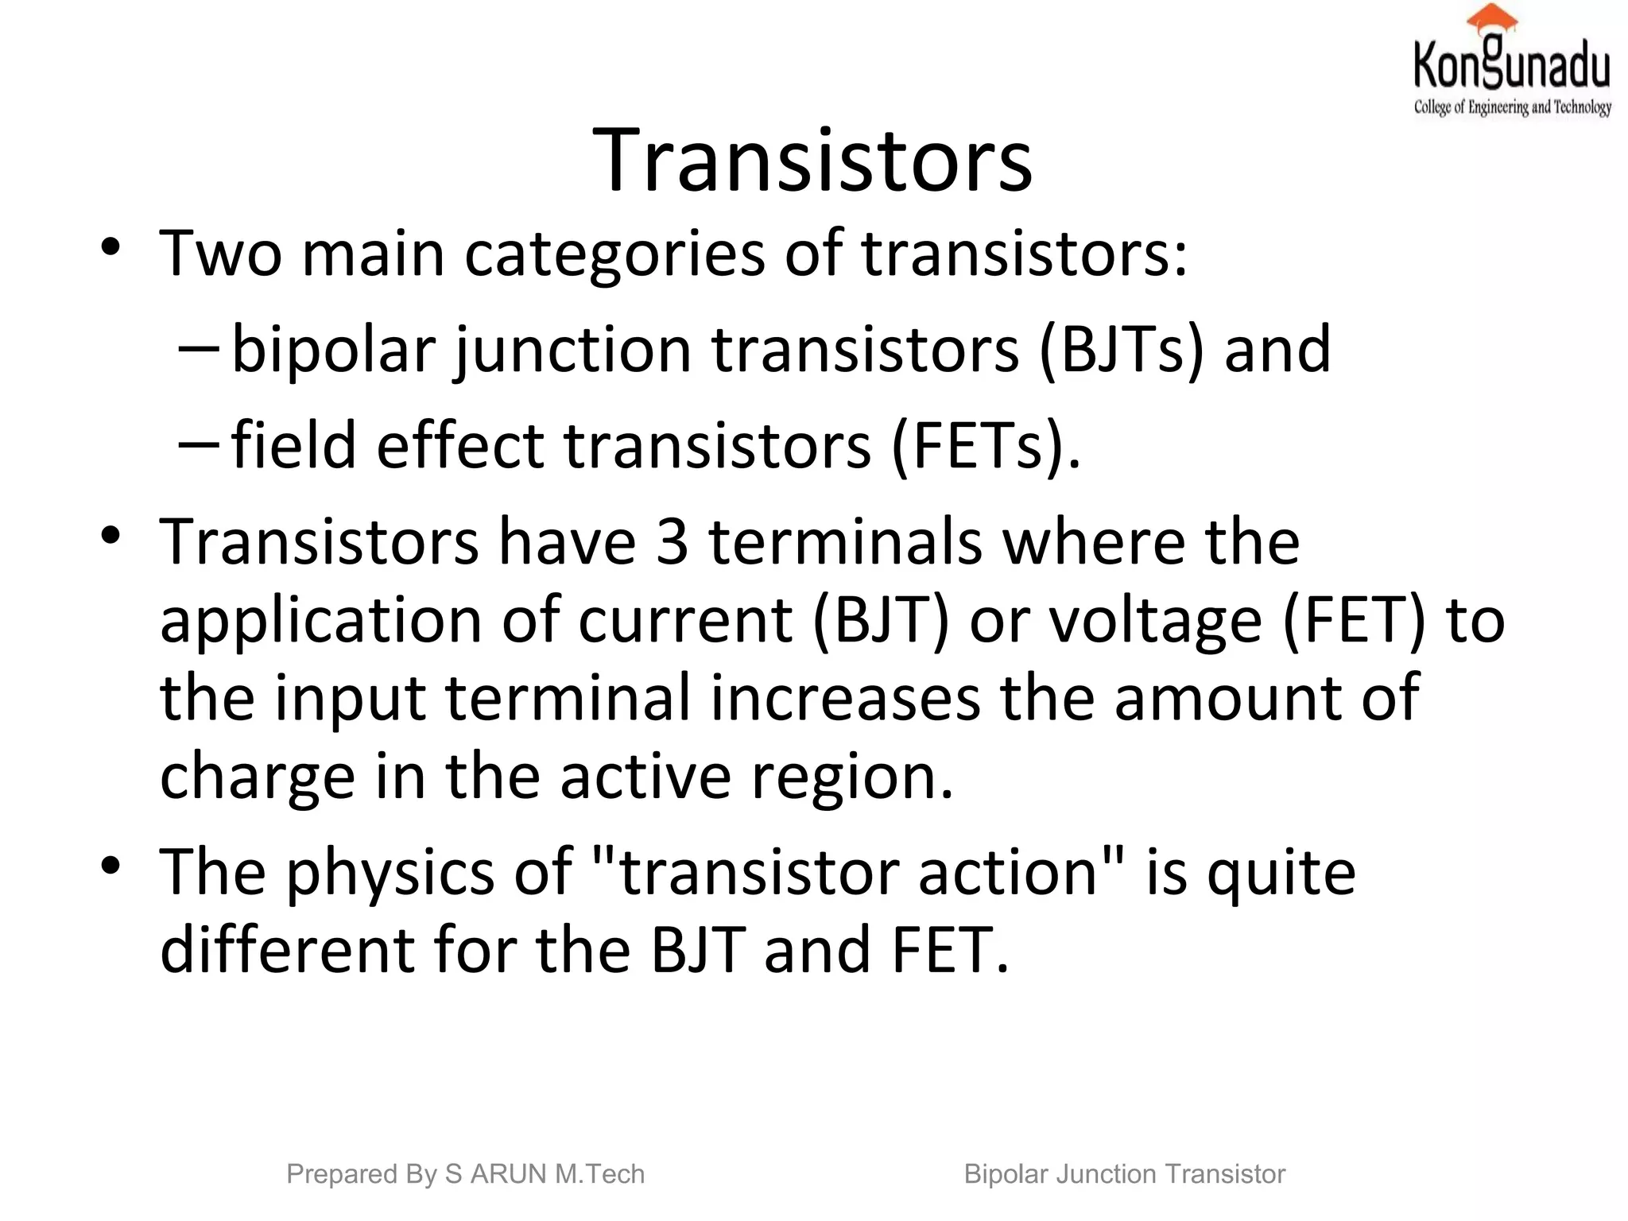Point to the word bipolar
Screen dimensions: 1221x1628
[334, 350]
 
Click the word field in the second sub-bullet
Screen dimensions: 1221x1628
[293, 444]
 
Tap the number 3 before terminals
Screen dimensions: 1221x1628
[672, 542]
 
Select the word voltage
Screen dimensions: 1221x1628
[1156, 621]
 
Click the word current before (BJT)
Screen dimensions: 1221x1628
[685, 621]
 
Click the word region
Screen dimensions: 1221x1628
[851, 777]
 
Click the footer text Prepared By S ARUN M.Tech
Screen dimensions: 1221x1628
[465, 1174]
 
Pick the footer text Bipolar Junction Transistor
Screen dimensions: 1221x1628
[1124, 1174]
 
